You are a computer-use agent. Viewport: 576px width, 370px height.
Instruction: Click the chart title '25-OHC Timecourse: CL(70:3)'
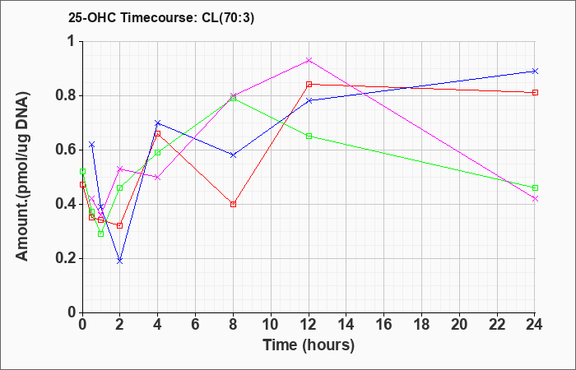coord(161,18)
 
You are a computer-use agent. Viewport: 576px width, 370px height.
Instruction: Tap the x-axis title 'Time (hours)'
coord(309,345)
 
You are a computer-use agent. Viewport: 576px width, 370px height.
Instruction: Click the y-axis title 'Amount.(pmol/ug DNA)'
coord(23,176)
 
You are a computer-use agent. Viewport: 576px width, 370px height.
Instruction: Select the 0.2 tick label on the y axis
coord(67,258)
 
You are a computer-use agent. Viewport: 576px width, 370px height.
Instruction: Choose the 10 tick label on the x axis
coord(271,325)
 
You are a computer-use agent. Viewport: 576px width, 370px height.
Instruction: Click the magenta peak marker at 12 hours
coord(309,60)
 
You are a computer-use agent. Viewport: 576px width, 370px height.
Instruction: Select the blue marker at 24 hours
coord(535,71)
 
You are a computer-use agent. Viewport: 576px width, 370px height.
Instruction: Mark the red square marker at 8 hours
coord(233,204)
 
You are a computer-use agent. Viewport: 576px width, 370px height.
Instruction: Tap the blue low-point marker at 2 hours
coord(120,261)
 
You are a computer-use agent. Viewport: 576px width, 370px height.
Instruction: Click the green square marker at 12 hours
coord(309,136)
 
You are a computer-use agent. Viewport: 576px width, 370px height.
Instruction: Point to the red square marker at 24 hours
coord(535,92)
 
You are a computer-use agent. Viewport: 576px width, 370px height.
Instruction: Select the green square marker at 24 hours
coord(535,188)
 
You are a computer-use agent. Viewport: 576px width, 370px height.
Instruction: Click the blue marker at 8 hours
coord(233,155)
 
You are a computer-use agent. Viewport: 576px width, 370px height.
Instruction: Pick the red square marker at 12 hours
coord(309,85)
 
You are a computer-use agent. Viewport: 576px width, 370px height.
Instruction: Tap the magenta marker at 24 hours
coord(535,199)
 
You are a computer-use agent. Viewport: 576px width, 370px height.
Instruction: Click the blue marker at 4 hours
coord(158,123)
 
